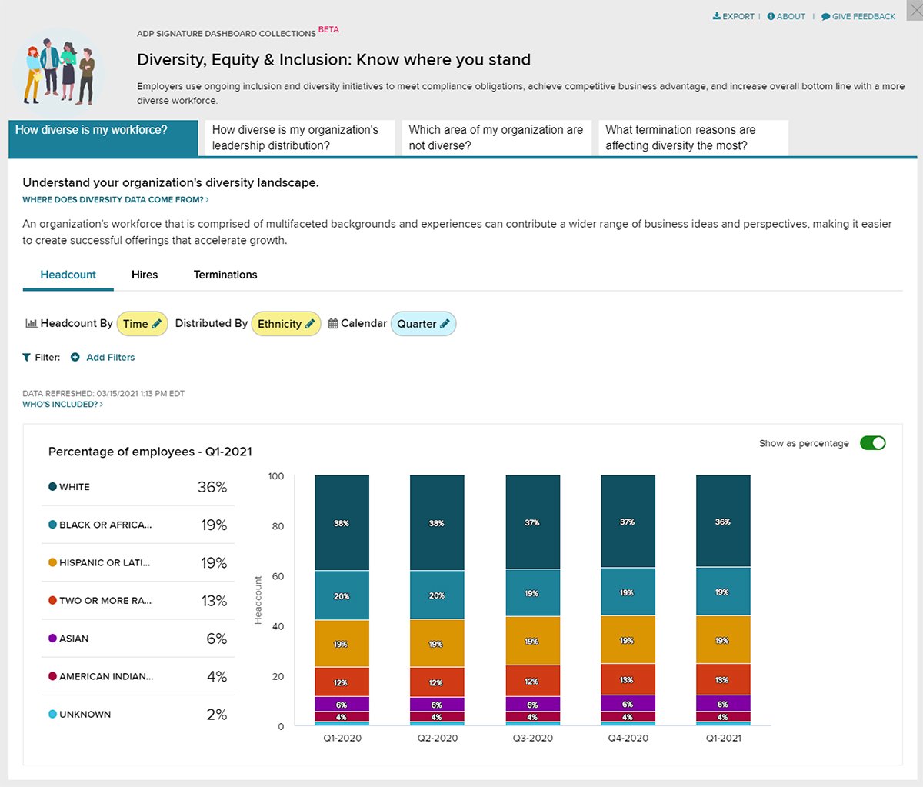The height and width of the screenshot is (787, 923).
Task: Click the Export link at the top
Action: point(734,16)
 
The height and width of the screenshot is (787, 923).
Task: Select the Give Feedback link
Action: point(858,16)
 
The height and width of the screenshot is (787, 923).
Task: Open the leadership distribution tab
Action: point(296,138)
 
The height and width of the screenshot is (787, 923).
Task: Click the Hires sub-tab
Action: point(145,275)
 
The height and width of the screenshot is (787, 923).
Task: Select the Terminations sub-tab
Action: point(225,275)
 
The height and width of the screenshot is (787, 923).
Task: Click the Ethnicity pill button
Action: point(286,324)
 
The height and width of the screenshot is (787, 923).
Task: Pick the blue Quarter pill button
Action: point(423,324)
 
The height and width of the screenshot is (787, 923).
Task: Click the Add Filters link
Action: point(110,357)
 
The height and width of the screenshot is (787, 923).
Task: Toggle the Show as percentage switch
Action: point(872,443)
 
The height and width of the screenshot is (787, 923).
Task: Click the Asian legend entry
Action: point(74,639)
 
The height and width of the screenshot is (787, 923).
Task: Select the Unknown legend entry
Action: point(85,715)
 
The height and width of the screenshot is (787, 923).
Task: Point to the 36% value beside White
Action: point(212,487)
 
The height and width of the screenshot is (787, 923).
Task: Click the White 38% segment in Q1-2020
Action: point(342,523)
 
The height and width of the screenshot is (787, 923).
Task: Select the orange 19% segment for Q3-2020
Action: point(532,640)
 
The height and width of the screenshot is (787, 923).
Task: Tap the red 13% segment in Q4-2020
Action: point(628,679)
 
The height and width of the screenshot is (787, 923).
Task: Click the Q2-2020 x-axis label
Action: point(437,738)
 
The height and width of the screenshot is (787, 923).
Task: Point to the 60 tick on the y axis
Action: point(276,576)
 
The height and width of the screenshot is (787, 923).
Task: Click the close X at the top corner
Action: point(914,10)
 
